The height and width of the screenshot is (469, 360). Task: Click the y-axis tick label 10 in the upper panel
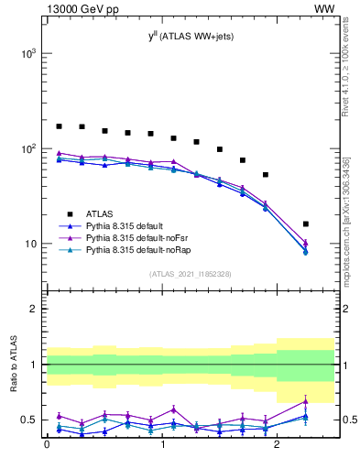(31, 244)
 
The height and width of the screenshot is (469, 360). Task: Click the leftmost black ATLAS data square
(59, 126)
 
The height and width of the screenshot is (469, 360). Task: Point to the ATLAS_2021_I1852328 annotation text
(190, 274)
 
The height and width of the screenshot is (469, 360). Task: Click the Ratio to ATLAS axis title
(14, 365)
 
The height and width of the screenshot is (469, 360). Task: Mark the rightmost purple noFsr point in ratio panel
(305, 401)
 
